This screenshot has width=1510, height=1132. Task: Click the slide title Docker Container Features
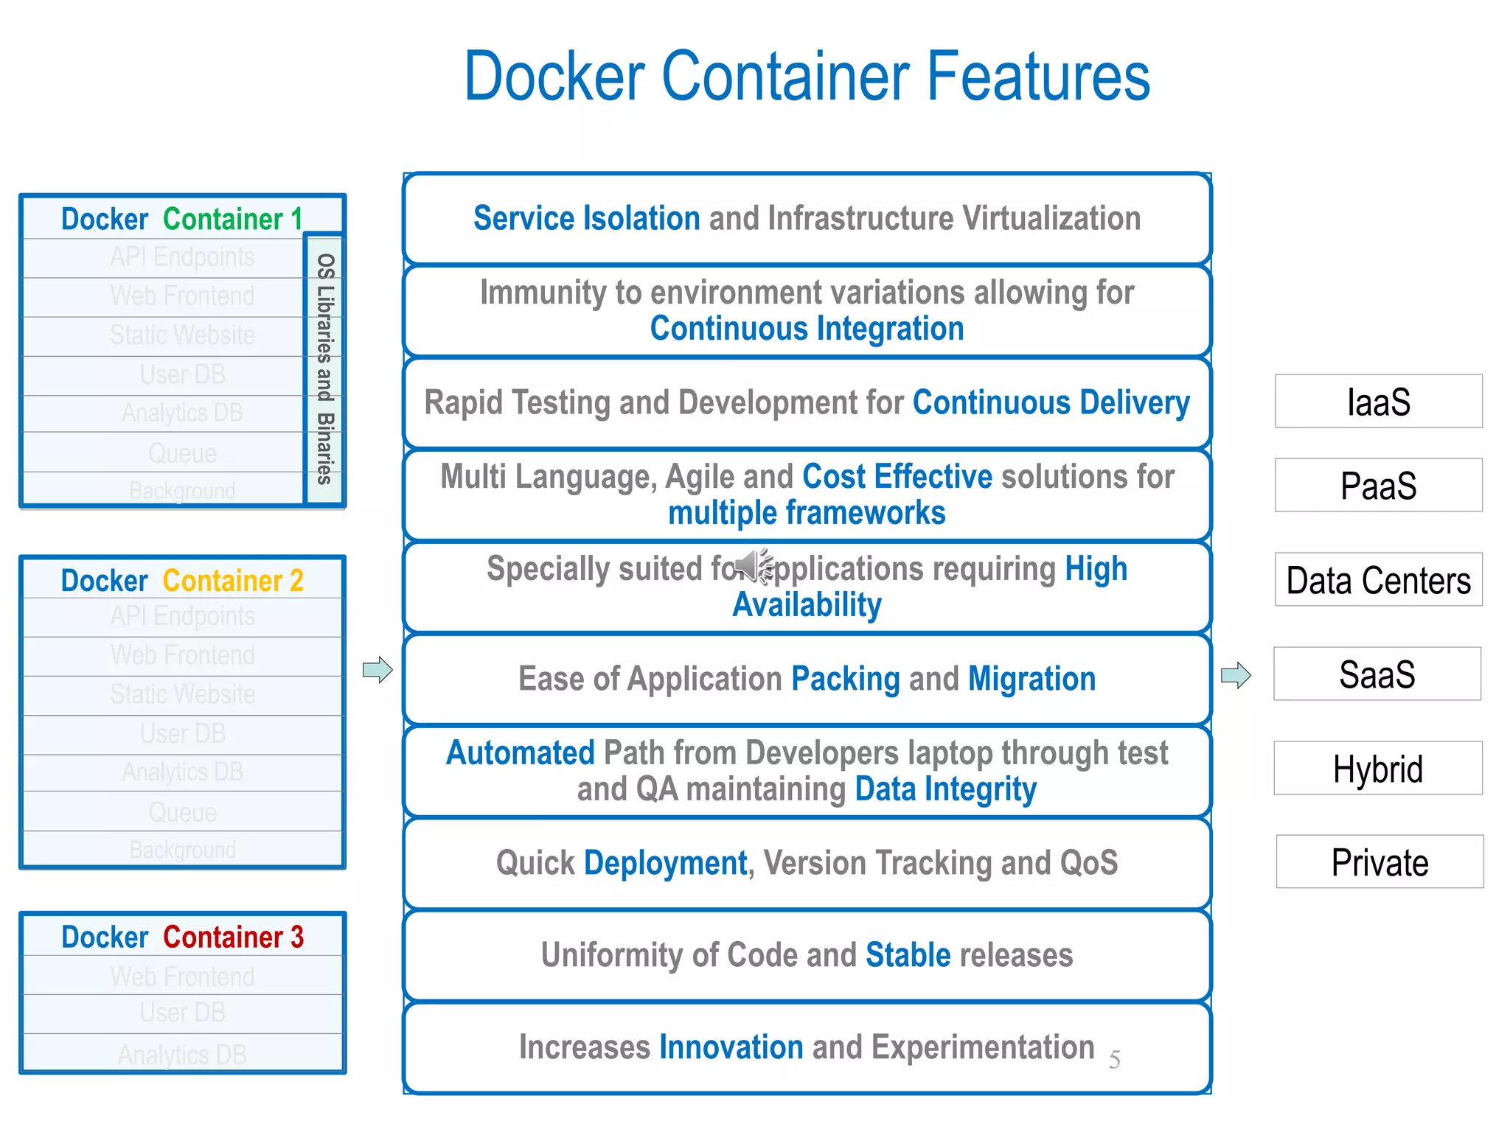pos(807,77)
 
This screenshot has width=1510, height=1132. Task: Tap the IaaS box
pos(1378,402)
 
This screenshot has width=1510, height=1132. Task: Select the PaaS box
pos(1378,486)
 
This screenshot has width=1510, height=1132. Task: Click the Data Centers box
pos(1378,580)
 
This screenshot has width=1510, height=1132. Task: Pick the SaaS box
pos(1377,674)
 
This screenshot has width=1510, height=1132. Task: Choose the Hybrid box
pos(1377,769)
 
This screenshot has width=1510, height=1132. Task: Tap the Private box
pos(1379,862)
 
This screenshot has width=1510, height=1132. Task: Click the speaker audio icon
pos(754,566)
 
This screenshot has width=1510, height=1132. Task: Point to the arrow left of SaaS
pos(1236,675)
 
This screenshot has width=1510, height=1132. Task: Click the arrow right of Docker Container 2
pos(377,670)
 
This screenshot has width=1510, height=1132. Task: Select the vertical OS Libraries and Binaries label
pos(324,368)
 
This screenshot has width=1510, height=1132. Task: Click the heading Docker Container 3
pos(182,937)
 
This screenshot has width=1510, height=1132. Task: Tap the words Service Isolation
pos(586,219)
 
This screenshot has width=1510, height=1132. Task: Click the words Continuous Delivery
pos(1051,403)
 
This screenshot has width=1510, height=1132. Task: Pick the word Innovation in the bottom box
pos(731,1047)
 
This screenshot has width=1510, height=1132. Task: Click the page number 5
pos(1114,1060)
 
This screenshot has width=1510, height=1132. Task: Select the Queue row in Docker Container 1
pos(182,453)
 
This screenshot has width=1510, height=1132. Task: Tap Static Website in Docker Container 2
pos(182,694)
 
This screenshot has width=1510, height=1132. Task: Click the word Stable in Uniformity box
pos(908,955)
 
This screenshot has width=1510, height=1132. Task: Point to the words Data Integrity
pos(945,789)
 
